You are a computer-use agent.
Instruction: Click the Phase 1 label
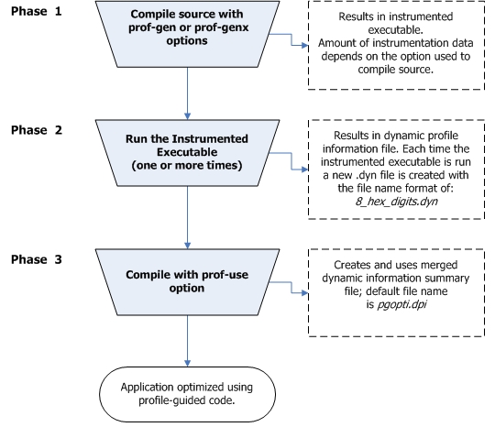[37, 11]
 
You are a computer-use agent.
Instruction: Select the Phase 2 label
[37, 130]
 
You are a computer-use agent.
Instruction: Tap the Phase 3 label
[37, 259]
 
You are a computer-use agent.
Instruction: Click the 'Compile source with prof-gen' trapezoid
[187, 34]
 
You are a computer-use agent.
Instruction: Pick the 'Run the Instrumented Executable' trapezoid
[187, 153]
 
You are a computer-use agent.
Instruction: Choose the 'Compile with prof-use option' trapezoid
[187, 282]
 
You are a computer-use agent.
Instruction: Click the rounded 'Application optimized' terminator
[187, 394]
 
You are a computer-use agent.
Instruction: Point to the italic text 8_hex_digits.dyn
[396, 202]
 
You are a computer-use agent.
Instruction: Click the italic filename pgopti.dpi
[401, 304]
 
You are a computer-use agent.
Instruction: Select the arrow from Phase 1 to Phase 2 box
[187, 93]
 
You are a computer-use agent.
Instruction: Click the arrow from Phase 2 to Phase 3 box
[187, 217]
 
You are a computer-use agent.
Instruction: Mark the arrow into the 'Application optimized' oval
[187, 341]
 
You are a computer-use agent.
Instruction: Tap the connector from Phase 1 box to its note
[291, 39]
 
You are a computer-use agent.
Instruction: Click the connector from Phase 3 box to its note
[291, 288]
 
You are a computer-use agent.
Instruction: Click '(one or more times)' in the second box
[187, 165]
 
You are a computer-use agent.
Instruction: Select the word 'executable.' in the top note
[396, 30]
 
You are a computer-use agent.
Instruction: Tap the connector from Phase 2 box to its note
[291, 161]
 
